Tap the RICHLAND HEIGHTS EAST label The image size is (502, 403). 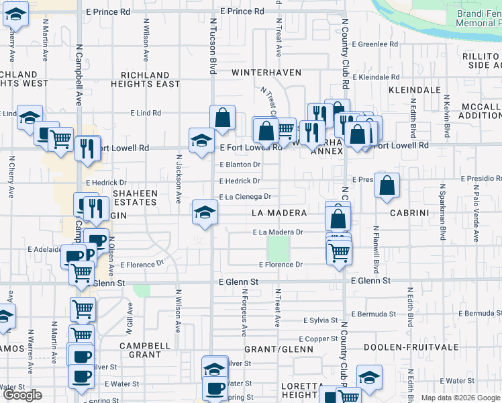pyautogui.click(x=150, y=79)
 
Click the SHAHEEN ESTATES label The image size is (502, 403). pyautogui.click(x=135, y=197)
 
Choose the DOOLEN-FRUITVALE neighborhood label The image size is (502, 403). pyautogui.click(x=408, y=347)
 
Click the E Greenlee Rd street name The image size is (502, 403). pyautogui.click(x=378, y=44)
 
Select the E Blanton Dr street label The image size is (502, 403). pyautogui.click(x=240, y=165)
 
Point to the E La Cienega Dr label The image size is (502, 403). pyautogui.click(x=244, y=197)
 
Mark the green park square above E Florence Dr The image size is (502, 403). pyautogui.click(x=278, y=249)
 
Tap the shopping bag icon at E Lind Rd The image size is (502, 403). pyautogui.click(x=222, y=118)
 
